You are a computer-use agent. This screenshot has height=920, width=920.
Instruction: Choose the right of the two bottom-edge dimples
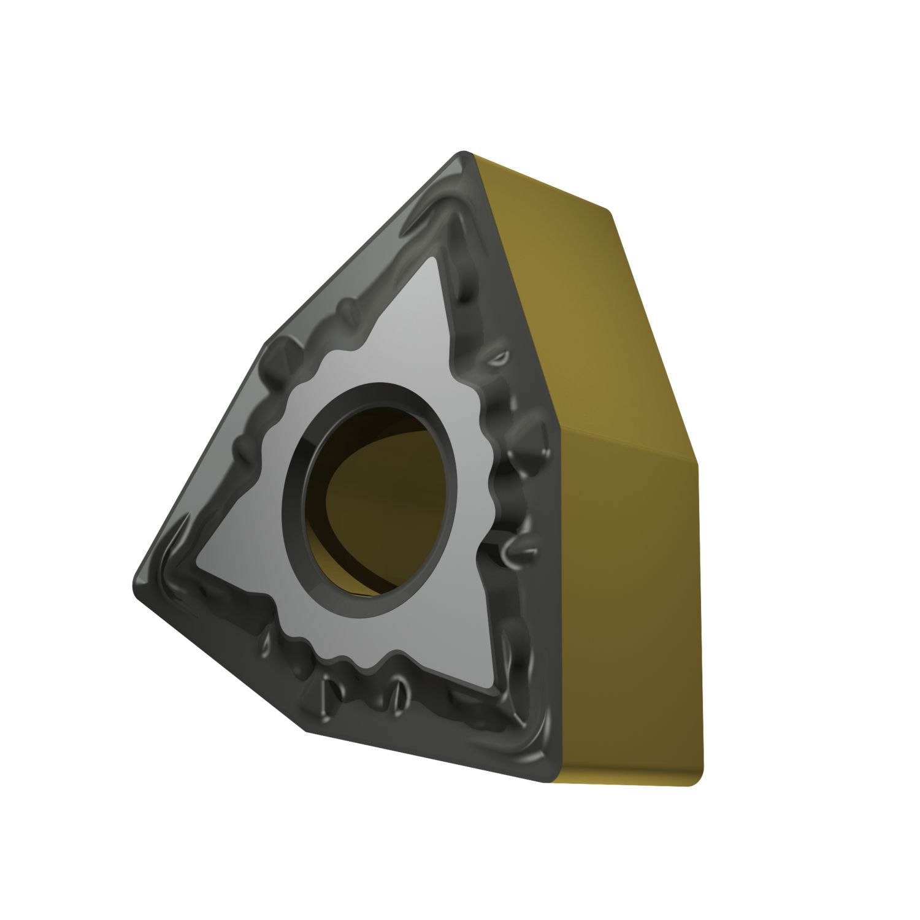tap(399, 693)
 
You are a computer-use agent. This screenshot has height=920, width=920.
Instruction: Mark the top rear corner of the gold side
tap(611, 212)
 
